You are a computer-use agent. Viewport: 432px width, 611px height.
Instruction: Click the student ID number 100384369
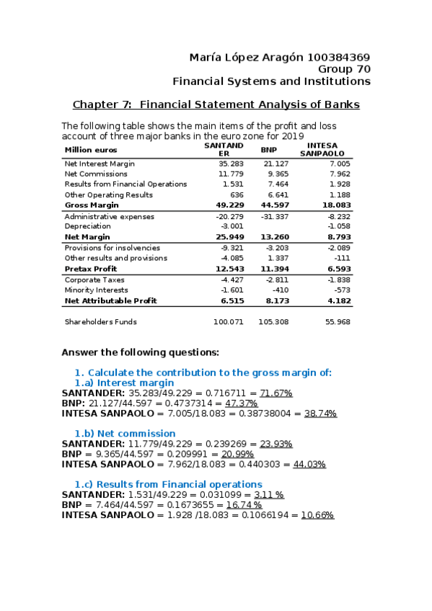[339, 57]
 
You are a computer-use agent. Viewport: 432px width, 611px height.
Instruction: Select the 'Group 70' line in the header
[344, 69]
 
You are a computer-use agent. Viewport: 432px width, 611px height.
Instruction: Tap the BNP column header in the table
[268, 149]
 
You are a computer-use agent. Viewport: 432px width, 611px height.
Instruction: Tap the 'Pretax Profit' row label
[91, 269]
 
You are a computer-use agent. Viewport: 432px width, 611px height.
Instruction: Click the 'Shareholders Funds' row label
[100, 322]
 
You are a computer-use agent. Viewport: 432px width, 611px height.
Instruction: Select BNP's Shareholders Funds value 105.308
[273, 322]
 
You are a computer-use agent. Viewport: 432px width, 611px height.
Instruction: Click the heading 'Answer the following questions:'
[140, 352]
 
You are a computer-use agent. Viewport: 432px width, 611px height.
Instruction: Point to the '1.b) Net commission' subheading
[125, 434]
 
